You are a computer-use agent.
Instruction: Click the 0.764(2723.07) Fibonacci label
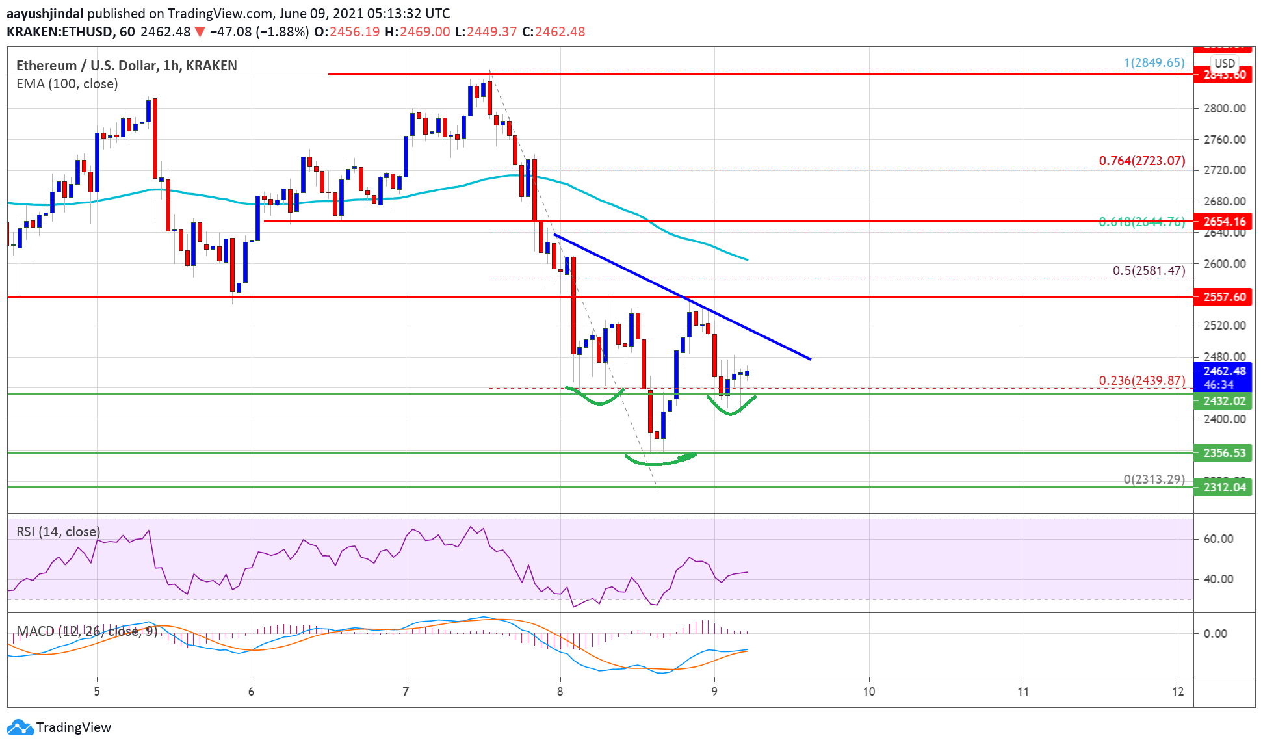click(1141, 161)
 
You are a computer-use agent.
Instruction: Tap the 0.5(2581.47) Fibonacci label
click(1149, 270)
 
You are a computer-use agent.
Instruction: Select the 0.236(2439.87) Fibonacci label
click(1141, 380)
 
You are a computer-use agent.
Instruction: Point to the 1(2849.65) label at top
click(1154, 63)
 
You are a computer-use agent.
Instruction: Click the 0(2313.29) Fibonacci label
click(1154, 479)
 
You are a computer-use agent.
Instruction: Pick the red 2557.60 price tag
click(1224, 297)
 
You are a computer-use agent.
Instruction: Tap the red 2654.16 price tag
click(1224, 222)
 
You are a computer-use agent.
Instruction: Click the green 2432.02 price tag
click(1224, 401)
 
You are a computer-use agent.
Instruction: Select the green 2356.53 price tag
click(1224, 453)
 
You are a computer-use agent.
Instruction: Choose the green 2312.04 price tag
click(1224, 488)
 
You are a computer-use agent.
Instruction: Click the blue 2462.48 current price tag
click(1224, 371)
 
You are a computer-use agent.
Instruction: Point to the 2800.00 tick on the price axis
click(1224, 109)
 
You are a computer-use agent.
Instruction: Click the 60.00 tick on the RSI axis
click(1218, 539)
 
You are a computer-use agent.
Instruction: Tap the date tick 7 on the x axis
click(406, 692)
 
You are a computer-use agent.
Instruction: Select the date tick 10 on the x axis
click(869, 692)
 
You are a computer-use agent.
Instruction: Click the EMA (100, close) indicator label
click(67, 84)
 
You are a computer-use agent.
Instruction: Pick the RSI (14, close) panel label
click(59, 532)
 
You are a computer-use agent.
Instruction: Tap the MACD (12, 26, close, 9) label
click(86, 631)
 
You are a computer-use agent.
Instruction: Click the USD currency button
click(1225, 64)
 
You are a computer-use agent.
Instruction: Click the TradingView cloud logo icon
click(20, 727)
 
